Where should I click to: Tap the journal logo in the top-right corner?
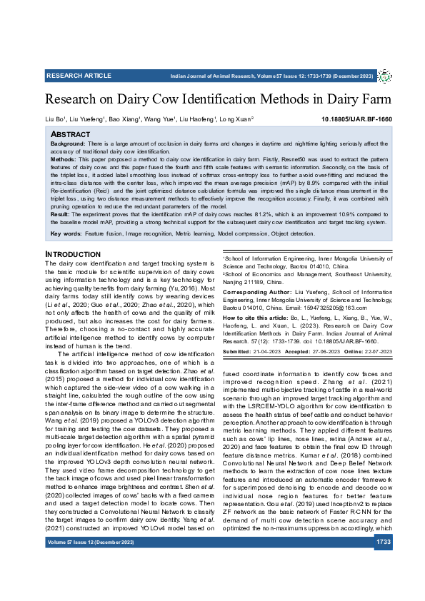(x=384, y=76)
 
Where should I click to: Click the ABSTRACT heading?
(x=71, y=134)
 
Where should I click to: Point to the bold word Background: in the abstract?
(x=69, y=144)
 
